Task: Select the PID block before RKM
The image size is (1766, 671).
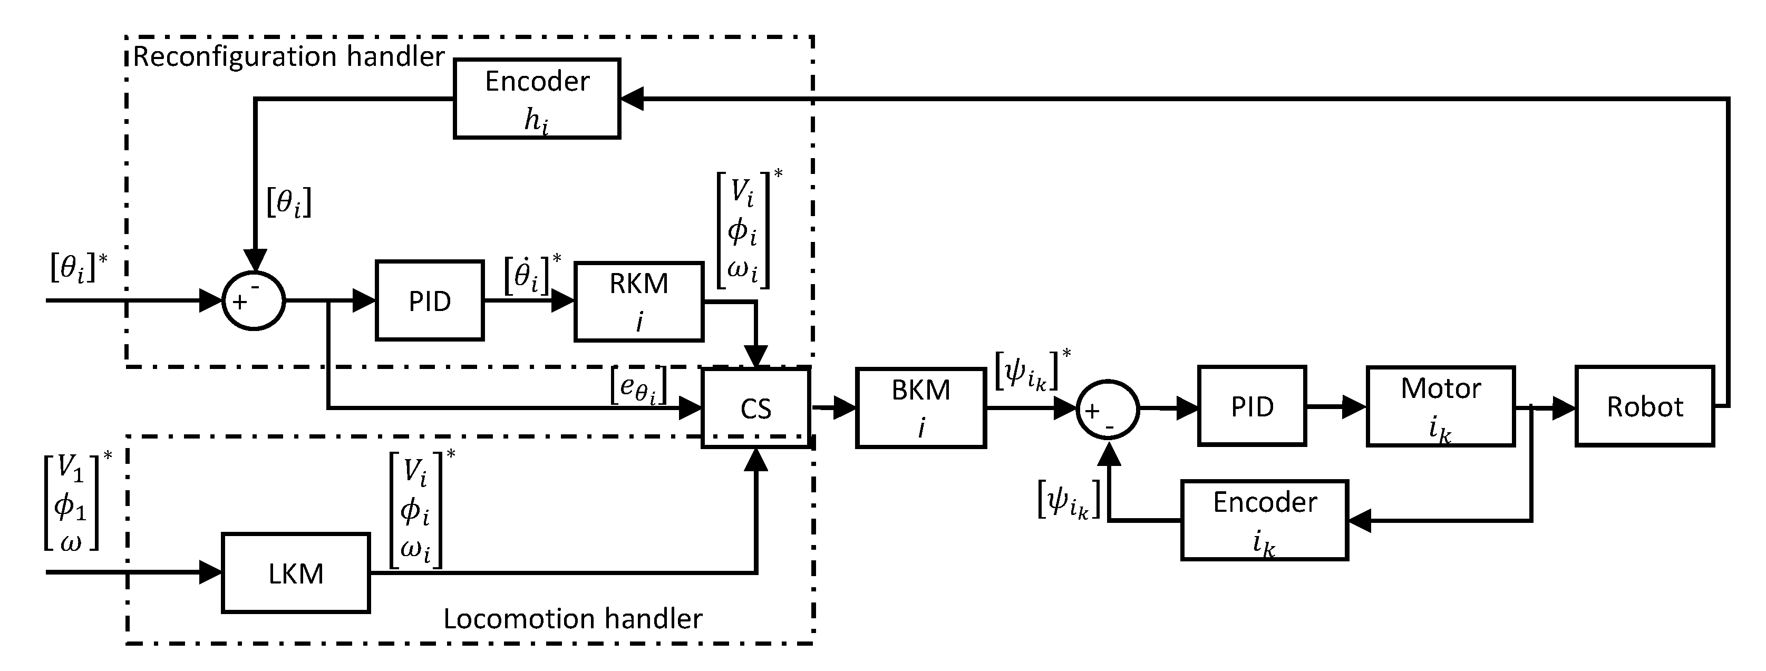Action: pyautogui.click(x=430, y=301)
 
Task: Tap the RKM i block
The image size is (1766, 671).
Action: pyautogui.click(x=639, y=301)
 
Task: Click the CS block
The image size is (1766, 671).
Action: pyautogui.click(x=755, y=409)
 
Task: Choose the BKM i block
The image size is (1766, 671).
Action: pyautogui.click(x=921, y=409)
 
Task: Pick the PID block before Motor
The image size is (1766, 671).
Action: pyautogui.click(x=1252, y=406)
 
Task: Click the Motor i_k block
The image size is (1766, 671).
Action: pyautogui.click(x=1440, y=406)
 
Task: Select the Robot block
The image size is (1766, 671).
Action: pyautogui.click(x=1645, y=407)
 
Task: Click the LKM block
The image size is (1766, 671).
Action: pyautogui.click(x=296, y=573)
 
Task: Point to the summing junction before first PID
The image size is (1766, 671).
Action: pyautogui.click(x=254, y=301)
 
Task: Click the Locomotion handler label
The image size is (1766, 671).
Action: pyautogui.click(x=573, y=619)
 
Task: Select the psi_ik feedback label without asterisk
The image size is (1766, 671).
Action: pyautogui.click(x=1069, y=500)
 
